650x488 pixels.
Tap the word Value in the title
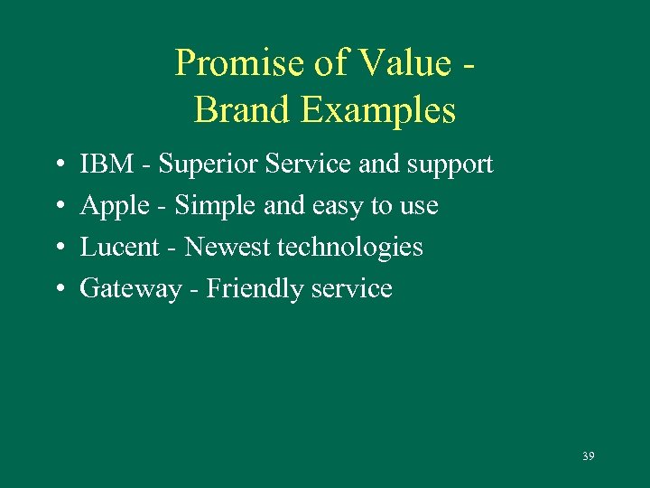[x=399, y=64]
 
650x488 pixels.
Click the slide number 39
[x=588, y=456]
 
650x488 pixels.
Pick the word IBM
[x=105, y=164]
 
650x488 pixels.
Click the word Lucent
[x=118, y=247]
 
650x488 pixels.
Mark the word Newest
[x=227, y=247]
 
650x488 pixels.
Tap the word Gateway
[x=130, y=289]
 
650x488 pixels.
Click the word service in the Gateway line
[x=350, y=289]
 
